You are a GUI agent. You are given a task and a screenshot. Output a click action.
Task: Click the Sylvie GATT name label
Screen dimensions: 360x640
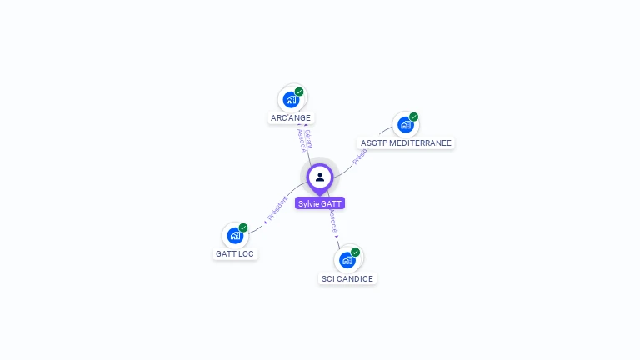319,203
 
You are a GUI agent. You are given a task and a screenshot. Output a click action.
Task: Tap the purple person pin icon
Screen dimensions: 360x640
320,177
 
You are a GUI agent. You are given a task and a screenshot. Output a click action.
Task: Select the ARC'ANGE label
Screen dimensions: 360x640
291,118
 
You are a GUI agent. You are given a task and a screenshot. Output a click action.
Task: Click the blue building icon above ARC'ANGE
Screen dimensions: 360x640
291,100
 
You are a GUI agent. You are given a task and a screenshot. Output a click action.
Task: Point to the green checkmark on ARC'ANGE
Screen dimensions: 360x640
299,92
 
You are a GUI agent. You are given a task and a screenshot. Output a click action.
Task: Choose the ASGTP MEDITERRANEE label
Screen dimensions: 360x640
406,143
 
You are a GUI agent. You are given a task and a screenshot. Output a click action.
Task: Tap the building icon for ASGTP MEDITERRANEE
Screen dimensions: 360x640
405,125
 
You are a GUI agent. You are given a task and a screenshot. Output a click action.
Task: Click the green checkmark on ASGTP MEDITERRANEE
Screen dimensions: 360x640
413,117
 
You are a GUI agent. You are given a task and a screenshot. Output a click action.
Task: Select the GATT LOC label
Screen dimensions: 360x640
235,253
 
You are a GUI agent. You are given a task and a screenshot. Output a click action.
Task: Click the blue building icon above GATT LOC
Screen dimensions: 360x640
235,236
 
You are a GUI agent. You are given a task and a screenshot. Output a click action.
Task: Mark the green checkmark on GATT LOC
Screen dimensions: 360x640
243,227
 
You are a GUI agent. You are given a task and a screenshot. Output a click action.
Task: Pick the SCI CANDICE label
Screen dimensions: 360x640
347,278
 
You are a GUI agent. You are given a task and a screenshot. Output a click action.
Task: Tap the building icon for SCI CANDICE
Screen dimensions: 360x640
347,260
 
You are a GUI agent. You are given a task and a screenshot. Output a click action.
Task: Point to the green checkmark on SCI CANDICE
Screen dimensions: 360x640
355,252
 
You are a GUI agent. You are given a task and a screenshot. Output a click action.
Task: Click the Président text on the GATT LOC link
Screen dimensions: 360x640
277,209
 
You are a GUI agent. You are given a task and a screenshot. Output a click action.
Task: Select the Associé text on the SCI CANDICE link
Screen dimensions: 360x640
333,222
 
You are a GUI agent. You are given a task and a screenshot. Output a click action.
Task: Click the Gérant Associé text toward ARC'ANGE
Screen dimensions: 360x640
305,140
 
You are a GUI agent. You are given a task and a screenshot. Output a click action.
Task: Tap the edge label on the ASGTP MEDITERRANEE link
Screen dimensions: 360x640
360,156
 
